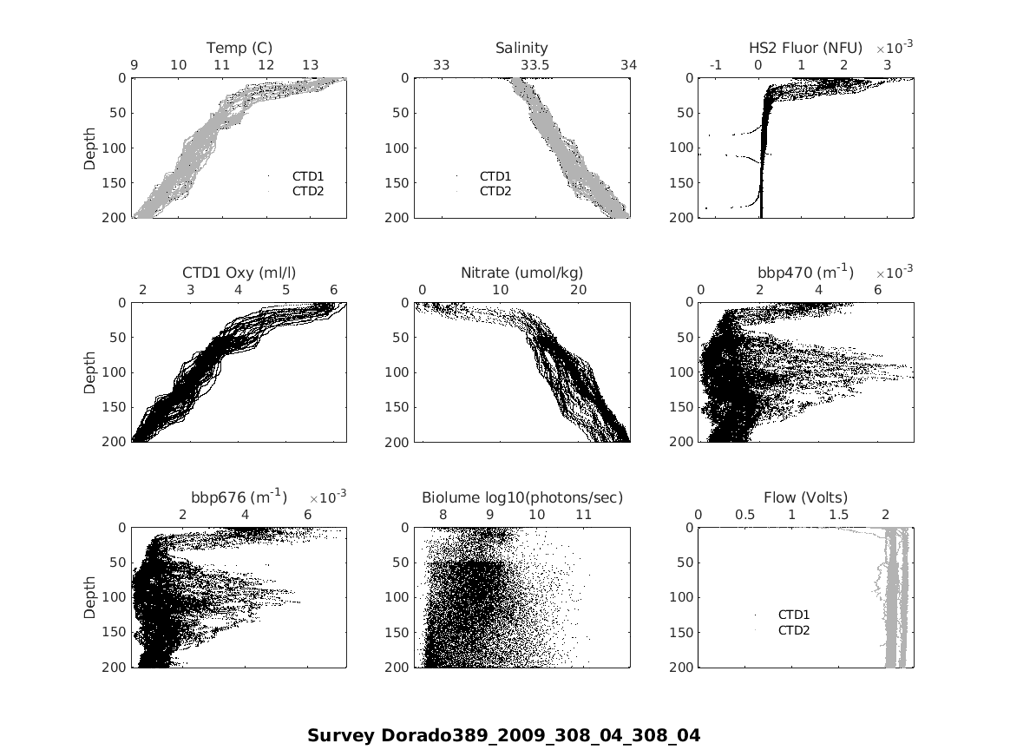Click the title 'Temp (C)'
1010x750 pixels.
pyautogui.click(x=239, y=48)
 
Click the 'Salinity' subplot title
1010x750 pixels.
pyautogui.click(x=521, y=48)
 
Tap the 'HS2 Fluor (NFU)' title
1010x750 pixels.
pyautogui.click(x=805, y=48)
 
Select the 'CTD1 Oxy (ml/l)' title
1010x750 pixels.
pyautogui.click(x=239, y=273)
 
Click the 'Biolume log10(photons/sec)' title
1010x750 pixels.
pyautogui.click(x=521, y=497)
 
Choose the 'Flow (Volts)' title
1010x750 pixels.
pyautogui.click(x=805, y=497)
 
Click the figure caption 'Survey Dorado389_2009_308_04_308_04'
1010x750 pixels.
pyautogui.click(x=503, y=735)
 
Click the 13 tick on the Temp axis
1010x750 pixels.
pyautogui.click(x=310, y=65)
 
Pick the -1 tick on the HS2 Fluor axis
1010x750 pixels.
pyautogui.click(x=716, y=65)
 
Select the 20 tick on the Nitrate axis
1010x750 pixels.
pyautogui.click(x=578, y=290)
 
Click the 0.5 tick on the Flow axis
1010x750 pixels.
pyautogui.click(x=744, y=515)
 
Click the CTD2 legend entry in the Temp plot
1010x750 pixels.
pyautogui.click(x=307, y=191)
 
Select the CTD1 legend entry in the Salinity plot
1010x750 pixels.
pyautogui.click(x=495, y=176)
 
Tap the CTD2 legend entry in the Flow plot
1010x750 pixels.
pyautogui.click(x=793, y=630)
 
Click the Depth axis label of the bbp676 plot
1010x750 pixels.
pyautogui.click(x=90, y=597)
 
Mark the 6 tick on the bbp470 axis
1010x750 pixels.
pyautogui.click(x=878, y=290)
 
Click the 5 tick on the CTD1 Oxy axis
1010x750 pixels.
pyautogui.click(x=286, y=290)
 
